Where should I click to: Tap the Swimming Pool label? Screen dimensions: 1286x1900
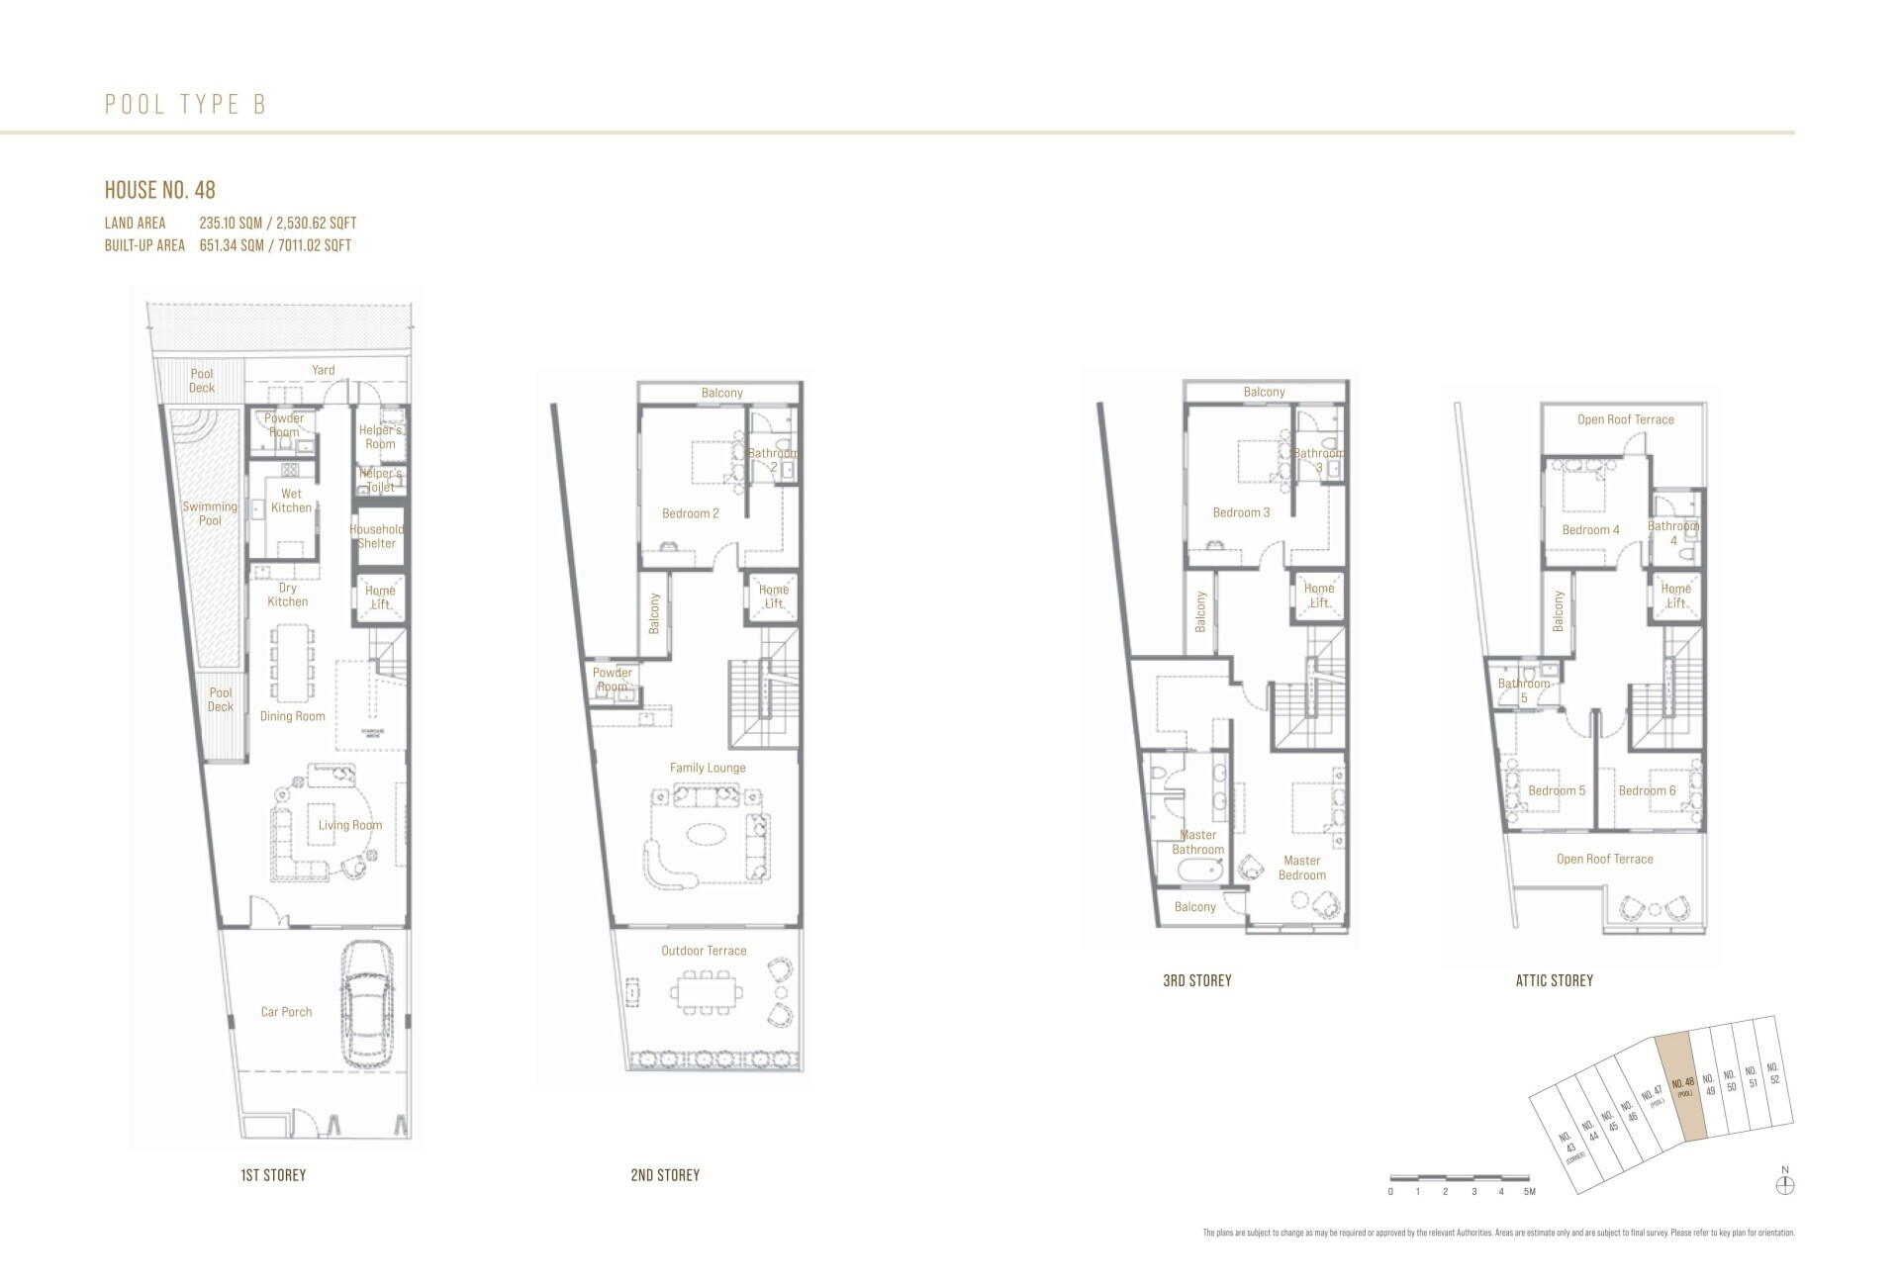[210, 513]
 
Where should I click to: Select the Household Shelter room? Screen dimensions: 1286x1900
[377, 536]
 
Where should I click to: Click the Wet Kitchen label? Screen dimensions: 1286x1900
[292, 501]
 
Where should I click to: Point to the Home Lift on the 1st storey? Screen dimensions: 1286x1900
[380, 597]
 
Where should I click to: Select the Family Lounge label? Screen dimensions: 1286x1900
[708, 768]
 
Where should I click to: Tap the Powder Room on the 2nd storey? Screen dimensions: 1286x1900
[613, 680]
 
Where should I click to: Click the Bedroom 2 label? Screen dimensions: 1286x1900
[690, 513]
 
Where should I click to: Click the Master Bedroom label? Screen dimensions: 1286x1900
[1302, 868]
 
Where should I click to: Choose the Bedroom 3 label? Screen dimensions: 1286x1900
[1241, 512]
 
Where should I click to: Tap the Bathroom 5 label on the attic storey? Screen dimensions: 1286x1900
[1523, 690]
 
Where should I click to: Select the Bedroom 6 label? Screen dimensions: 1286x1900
[1647, 790]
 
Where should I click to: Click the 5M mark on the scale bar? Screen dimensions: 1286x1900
[1529, 1192]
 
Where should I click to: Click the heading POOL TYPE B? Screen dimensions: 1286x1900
[186, 105]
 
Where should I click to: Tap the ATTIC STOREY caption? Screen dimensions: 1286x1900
[1554, 981]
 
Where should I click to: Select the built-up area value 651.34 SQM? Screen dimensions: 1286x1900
[232, 245]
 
